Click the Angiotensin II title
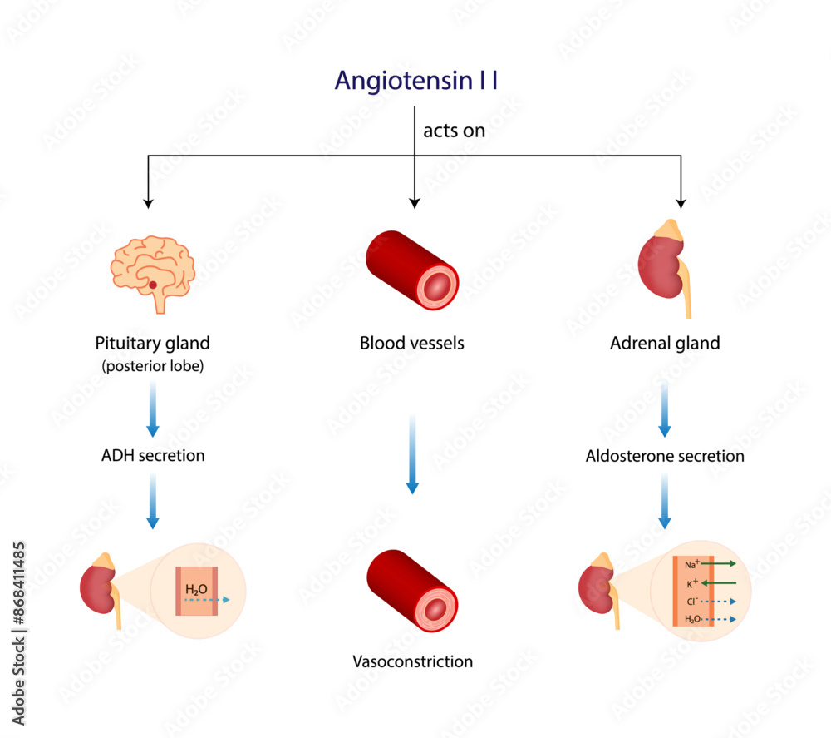tap(416, 81)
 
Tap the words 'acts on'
tap(454, 131)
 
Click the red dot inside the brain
tap(152, 285)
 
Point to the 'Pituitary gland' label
tap(153, 343)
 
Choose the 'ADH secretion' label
tap(153, 456)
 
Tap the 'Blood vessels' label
tap(411, 343)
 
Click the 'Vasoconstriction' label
tap(412, 662)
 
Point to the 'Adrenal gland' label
tap(665, 343)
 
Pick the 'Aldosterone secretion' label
tap(665, 456)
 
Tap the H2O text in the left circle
tap(196, 590)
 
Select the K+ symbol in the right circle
tap(691, 583)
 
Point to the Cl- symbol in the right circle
tap(691, 602)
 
